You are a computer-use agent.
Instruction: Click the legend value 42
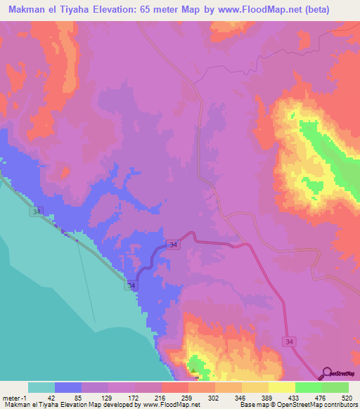[51, 397]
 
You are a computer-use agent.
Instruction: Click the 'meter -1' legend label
[14, 397]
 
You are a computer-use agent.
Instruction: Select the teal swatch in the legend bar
[41, 387]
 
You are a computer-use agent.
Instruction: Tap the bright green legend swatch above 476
[309, 387]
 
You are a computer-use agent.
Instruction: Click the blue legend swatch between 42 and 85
[68, 387]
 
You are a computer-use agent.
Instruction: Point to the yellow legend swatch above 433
[282, 387]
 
